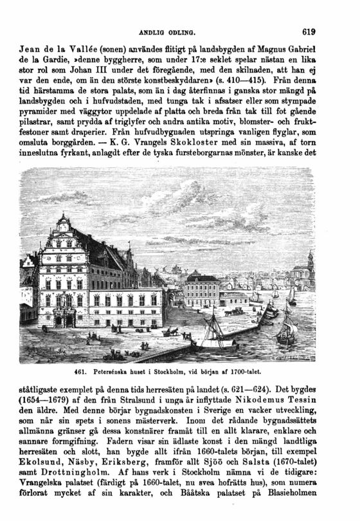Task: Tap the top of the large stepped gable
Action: (x=63, y=219)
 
